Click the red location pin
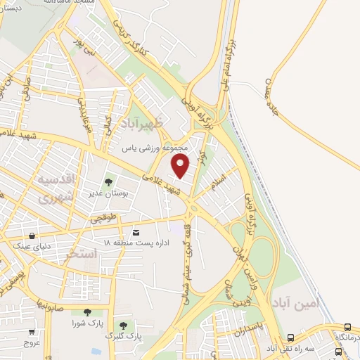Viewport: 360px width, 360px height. pyautogui.click(x=181, y=166)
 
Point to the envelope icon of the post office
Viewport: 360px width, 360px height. pyautogui.click(x=136, y=232)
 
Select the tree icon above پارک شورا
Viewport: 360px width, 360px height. pyautogui.click(x=87, y=313)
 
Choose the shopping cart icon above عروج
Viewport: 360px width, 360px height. pyautogui.click(x=32, y=331)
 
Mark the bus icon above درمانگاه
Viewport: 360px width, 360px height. pyautogui.click(x=348, y=327)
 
